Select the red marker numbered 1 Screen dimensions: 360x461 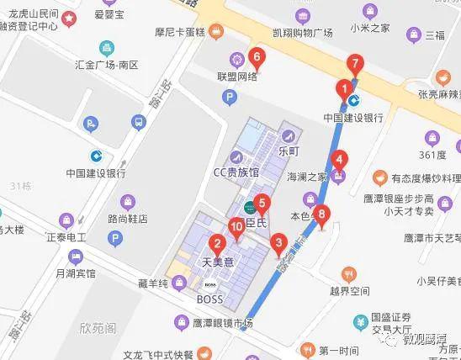[x=343, y=87]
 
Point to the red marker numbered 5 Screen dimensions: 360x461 [x=262, y=203]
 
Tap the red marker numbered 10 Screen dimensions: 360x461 [x=236, y=226]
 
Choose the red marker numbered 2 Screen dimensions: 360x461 [x=217, y=246]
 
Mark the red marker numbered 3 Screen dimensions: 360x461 [x=279, y=245]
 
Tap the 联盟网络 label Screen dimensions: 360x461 [x=236, y=76]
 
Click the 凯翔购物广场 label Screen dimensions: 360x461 [x=303, y=33]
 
